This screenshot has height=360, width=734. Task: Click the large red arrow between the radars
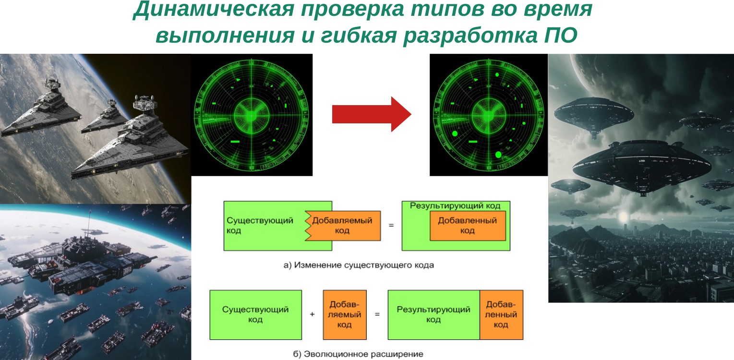tap(372, 114)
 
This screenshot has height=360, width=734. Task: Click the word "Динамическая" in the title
tap(213, 9)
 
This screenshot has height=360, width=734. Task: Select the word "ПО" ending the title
tap(561, 36)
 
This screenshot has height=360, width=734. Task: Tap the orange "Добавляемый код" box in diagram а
tap(343, 226)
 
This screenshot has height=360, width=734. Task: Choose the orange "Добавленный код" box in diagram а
tap(468, 226)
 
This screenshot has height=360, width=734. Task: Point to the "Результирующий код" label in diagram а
tap(455, 206)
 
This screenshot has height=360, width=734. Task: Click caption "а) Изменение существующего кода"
tap(359, 265)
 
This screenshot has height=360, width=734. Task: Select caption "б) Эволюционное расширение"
tap(358, 354)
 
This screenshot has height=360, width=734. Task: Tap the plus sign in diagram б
tap(313, 314)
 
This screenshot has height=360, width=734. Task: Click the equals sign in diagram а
tap(391, 226)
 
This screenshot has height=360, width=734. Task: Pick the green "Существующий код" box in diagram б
tap(255, 315)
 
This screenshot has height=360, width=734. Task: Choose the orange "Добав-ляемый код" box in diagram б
tap(345, 315)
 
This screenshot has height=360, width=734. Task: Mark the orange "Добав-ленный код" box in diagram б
tap(501, 315)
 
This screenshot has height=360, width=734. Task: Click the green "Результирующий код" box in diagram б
tap(434, 315)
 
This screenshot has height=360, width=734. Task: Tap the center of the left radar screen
tap(252, 115)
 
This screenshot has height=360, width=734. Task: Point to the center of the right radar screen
tap(489, 115)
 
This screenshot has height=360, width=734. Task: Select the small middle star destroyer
tap(105, 117)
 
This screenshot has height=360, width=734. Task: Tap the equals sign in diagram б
tap(377, 314)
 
